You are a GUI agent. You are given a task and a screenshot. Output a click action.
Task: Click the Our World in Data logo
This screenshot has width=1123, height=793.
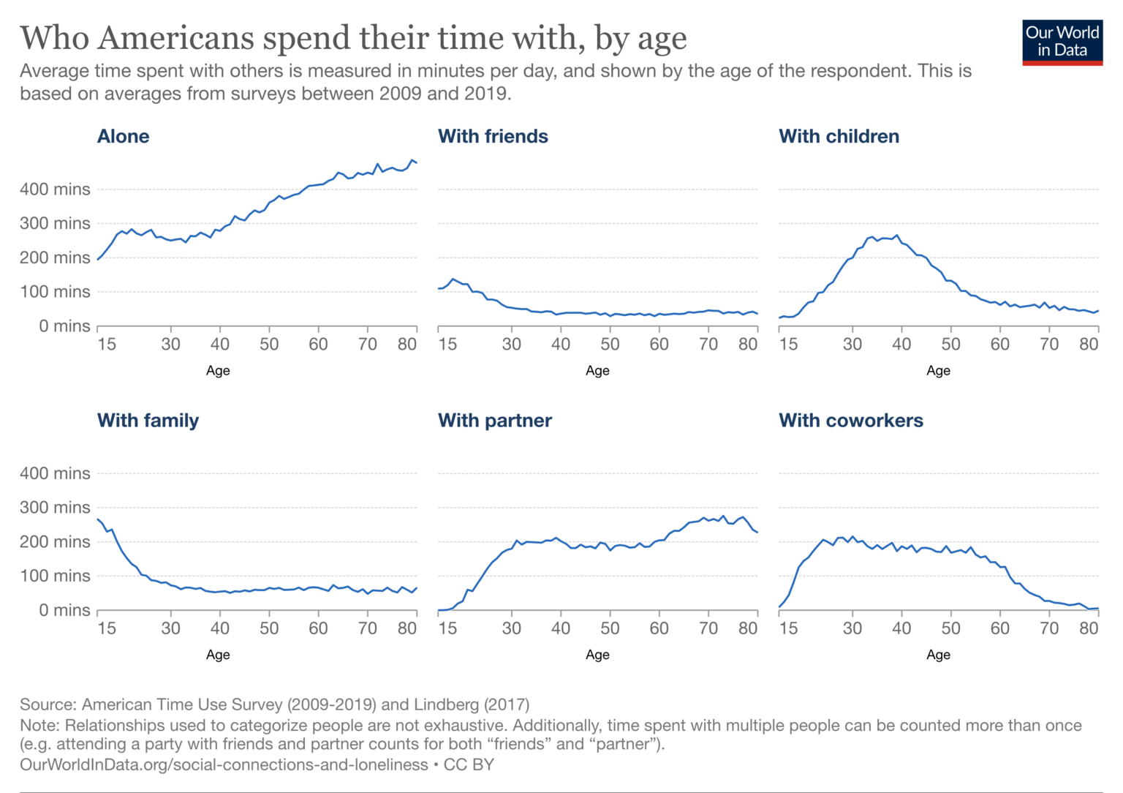coord(1062,42)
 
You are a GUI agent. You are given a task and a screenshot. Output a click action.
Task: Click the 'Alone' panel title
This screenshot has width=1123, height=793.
coord(124,136)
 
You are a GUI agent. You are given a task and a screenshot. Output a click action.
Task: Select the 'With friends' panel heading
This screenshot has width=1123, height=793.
coord(493,136)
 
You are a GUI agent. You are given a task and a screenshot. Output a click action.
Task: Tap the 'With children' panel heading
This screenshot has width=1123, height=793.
coord(839,136)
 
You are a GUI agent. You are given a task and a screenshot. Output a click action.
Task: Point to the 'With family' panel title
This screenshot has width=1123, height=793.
coord(148,421)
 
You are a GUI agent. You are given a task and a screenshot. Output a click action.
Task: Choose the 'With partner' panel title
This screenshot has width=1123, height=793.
coord(495,421)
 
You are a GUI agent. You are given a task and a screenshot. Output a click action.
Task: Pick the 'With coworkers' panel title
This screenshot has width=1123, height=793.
coord(851,421)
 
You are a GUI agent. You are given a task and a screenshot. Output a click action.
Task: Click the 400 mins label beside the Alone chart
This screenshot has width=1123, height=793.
coord(55,189)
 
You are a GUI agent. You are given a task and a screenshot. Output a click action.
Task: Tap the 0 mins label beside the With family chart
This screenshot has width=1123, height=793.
coord(64,610)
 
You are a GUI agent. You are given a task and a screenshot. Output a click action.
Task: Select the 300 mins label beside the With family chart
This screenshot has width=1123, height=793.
coord(55,508)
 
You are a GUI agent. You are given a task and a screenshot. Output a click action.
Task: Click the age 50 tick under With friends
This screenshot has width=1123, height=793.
coord(610,344)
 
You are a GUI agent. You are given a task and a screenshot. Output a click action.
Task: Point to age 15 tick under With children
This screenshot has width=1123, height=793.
coord(788,344)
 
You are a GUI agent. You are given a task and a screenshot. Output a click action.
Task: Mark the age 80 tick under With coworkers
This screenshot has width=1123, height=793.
coord(1089,628)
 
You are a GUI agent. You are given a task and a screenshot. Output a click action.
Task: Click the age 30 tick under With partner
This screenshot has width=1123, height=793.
coord(511,628)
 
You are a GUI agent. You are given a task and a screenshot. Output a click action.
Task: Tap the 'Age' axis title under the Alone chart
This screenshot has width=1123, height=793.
coord(218,371)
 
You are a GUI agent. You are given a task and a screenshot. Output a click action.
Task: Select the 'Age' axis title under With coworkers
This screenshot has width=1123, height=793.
coord(938,655)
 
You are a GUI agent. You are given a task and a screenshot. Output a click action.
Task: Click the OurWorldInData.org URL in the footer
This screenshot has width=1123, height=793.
coord(224,764)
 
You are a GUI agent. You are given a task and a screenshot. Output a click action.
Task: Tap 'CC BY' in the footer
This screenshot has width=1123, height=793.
coord(469,764)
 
